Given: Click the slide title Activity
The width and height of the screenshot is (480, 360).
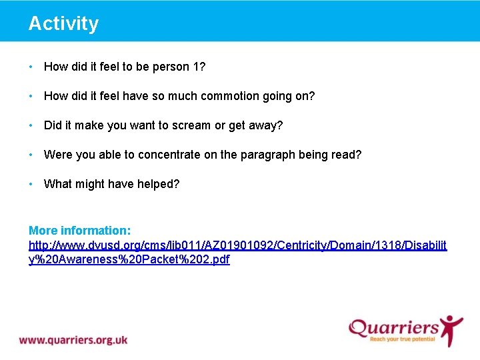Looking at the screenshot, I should click(x=63, y=23).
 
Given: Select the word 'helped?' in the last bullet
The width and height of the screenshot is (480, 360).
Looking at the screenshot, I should click(x=159, y=184).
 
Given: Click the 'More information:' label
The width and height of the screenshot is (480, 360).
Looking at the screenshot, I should click(x=79, y=231).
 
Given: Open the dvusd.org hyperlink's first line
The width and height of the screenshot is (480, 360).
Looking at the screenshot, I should click(x=238, y=245).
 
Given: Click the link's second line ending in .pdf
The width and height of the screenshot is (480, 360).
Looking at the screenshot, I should click(x=129, y=260).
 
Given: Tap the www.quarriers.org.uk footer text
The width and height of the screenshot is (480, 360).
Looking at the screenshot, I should click(x=73, y=340).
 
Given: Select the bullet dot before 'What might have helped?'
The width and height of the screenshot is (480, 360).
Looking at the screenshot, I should click(x=31, y=184).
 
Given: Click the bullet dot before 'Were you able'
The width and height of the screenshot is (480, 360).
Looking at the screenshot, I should click(x=31, y=155).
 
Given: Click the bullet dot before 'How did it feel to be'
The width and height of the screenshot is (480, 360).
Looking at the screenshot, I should click(x=31, y=67).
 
